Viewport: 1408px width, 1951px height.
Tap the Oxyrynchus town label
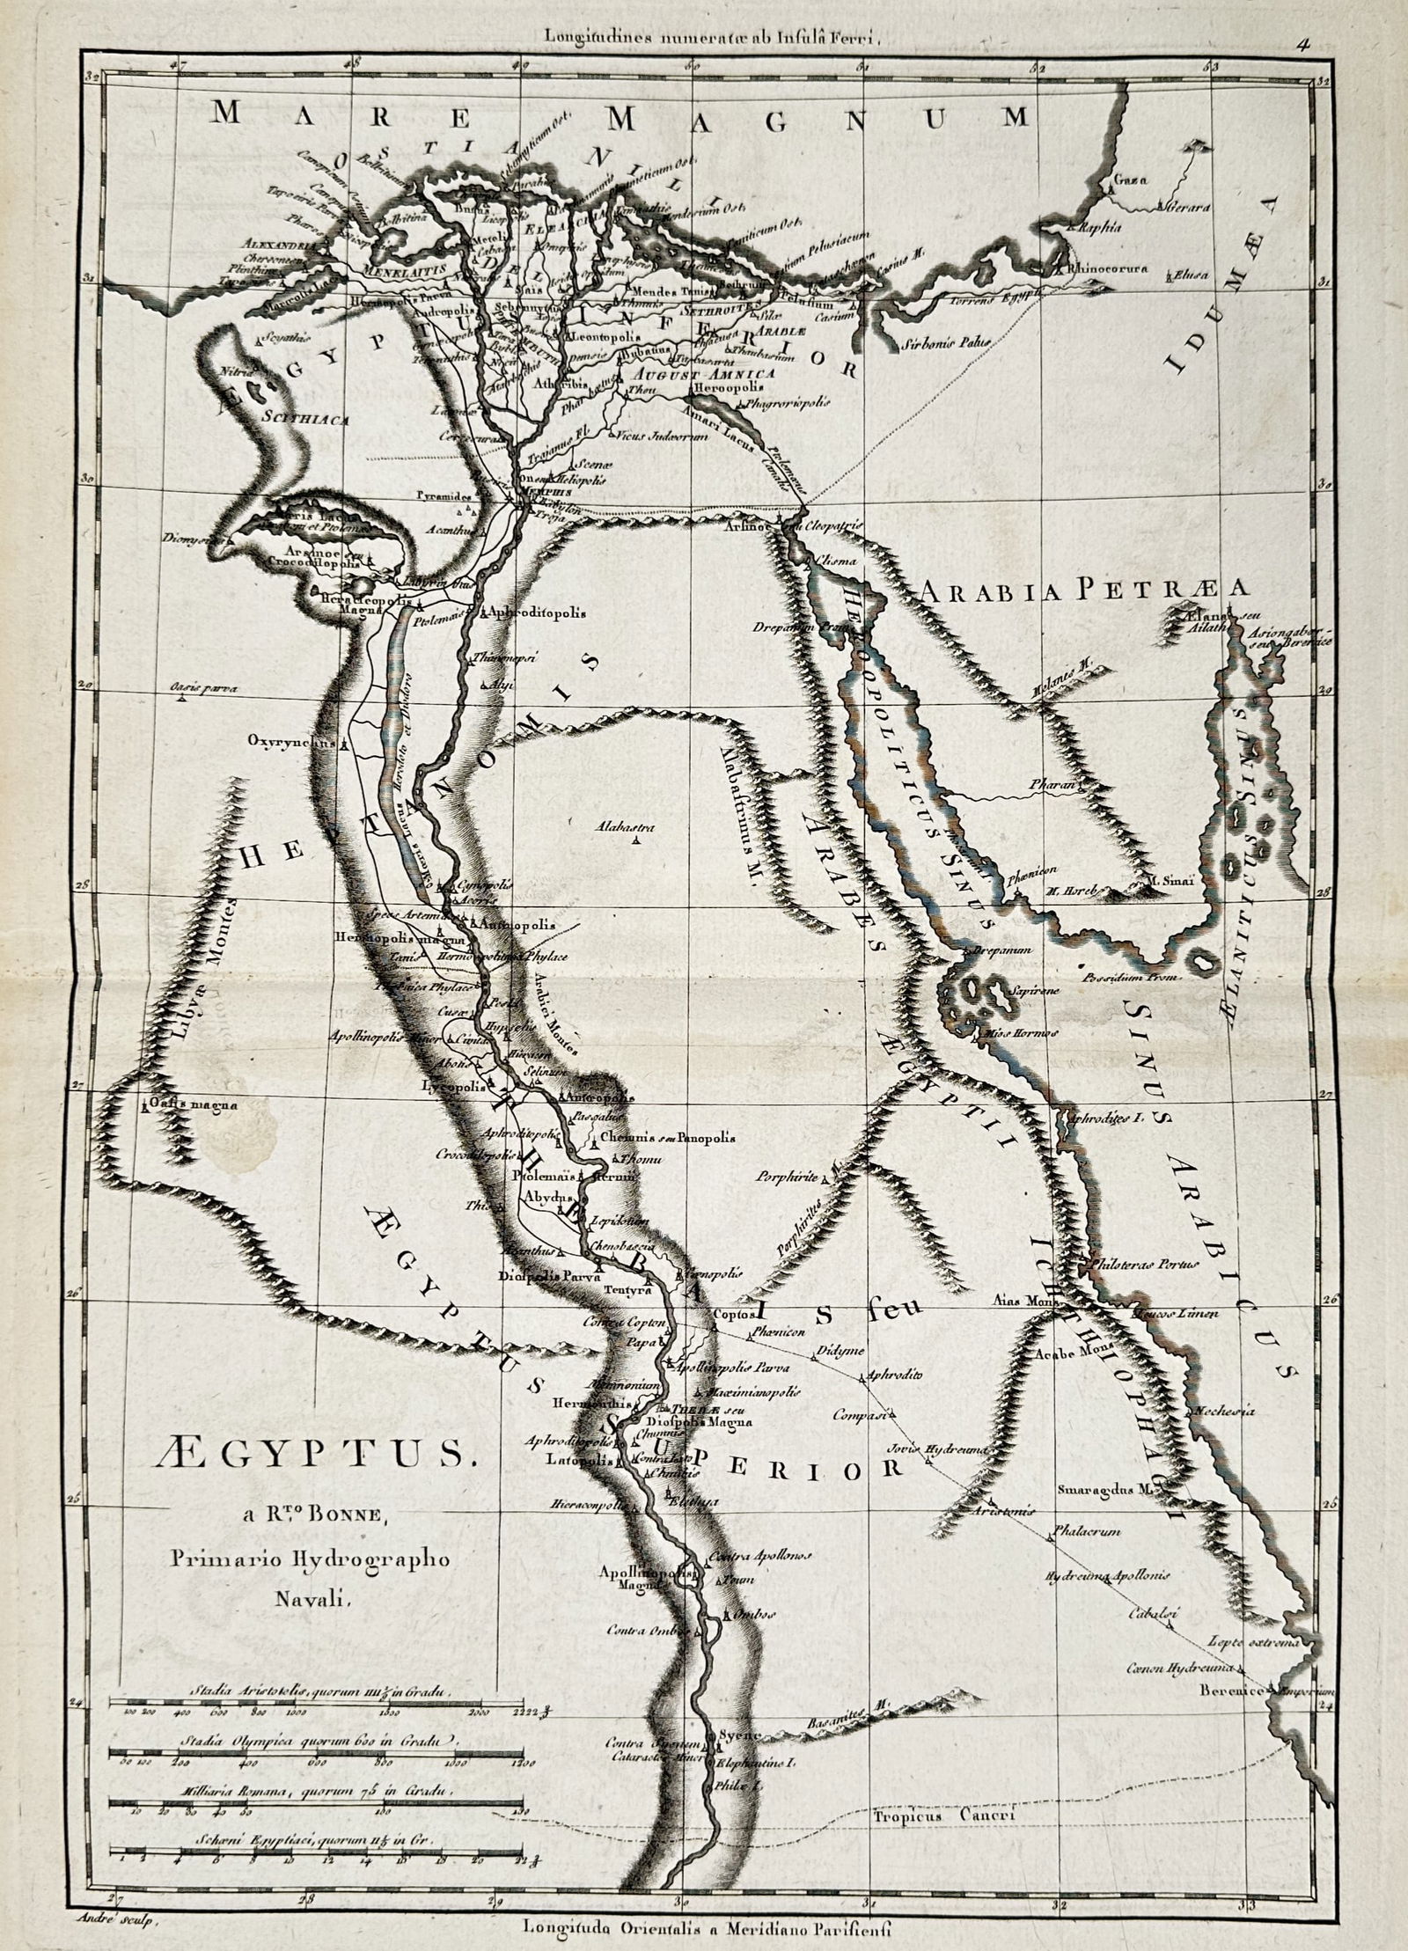(x=291, y=742)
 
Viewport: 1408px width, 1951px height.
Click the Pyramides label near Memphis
(x=444, y=497)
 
